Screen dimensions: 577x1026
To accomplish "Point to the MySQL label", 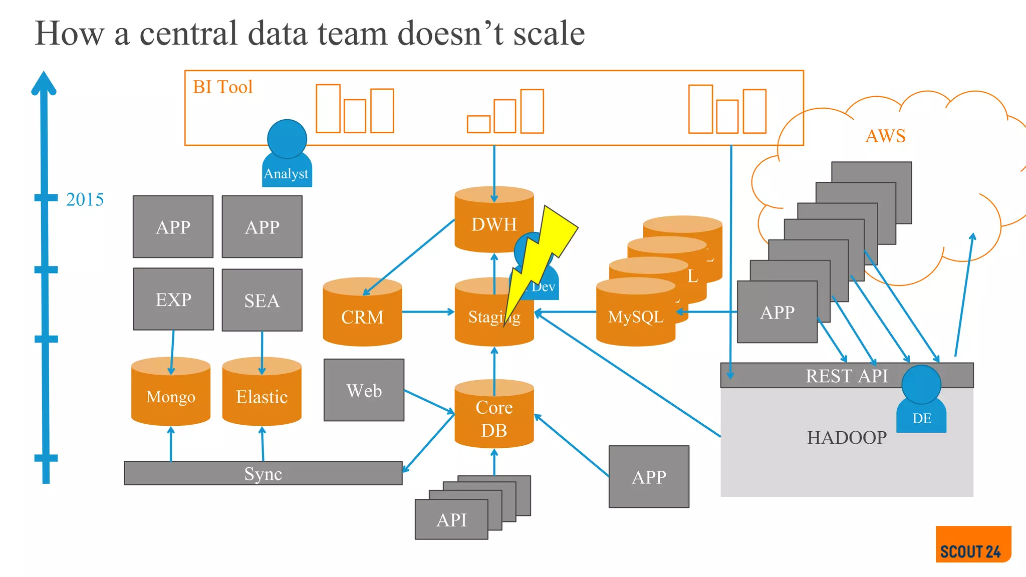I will (x=635, y=317).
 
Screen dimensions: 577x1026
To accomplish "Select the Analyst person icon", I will (x=287, y=155).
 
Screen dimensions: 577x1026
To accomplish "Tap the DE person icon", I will (x=921, y=401).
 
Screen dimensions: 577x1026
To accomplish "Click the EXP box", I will (x=173, y=300).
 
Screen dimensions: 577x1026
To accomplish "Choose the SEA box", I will (x=262, y=301).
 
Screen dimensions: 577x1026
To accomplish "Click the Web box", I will (x=364, y=390).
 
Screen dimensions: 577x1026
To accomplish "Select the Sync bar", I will (x=263, y=473).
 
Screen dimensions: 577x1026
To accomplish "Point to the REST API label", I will (x=847, y=376).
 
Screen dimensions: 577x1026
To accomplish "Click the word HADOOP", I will (x=847, y=437).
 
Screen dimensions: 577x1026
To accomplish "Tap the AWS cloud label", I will (x=885, y=136).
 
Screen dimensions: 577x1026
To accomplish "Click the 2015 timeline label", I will (x=85, y=199).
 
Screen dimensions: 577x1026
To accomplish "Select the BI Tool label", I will (x=222, y=87).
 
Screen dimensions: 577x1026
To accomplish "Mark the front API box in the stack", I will (x=451, y=519).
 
